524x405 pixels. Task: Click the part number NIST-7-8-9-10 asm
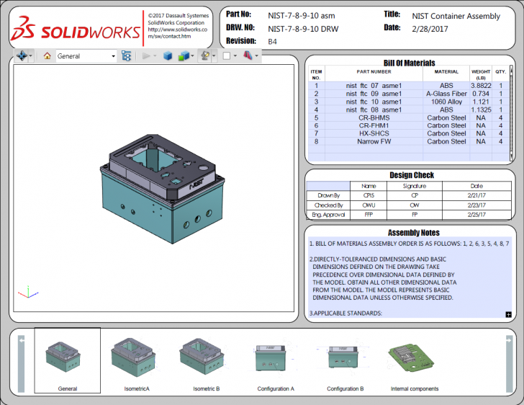tap(301, 15)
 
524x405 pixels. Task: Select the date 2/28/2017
tap(430, 28)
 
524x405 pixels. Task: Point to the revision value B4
tap(273, 42)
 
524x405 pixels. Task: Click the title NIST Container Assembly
tap(456, 15)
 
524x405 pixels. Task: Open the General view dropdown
tap(113, 55)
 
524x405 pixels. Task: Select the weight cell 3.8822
tap(481, 86)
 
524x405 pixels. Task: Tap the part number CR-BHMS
tap(374, 117)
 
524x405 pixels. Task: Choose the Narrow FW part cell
tap(374, 141)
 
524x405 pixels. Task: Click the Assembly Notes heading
tap(413, 233)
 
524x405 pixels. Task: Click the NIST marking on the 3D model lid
tap(196, 184)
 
